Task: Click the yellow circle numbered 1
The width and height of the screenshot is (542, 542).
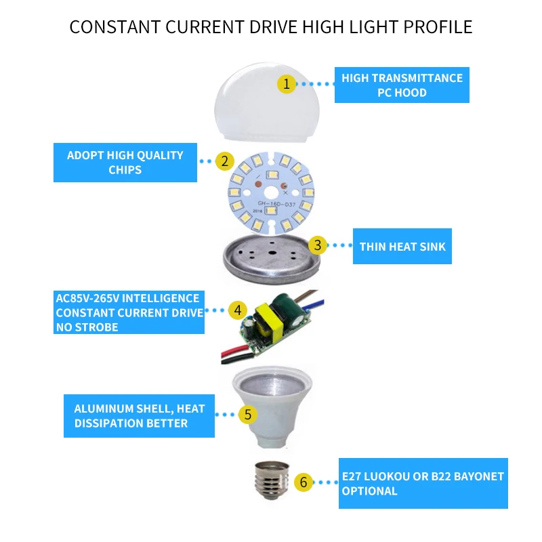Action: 287,84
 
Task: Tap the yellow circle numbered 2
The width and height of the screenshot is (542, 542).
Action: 224,161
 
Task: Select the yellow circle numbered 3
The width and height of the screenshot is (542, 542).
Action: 316,245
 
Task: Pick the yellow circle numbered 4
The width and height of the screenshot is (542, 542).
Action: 237,310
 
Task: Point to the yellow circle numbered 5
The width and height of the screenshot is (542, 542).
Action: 248,413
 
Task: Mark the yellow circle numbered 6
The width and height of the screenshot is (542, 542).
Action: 304,482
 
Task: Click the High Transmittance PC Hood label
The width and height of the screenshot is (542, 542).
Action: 402,85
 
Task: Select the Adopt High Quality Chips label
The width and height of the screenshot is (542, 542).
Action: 125,162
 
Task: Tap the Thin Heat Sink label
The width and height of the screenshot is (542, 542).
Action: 402,246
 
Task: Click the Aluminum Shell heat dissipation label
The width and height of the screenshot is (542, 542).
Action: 139,416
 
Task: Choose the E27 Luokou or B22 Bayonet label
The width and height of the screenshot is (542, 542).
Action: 423,484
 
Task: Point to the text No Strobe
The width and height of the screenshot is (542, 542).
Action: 87,327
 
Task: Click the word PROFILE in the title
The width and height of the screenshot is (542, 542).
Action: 439,27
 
